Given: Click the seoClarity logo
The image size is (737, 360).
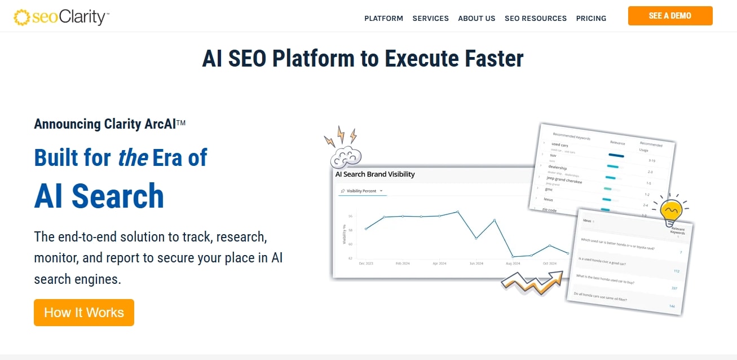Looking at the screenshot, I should pyautogui.click(x=61, y=17).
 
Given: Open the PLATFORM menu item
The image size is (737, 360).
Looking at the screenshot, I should pyautogui.click(x=383, y=18).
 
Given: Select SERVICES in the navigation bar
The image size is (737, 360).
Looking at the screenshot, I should pyautogui.click(x=430, y=18).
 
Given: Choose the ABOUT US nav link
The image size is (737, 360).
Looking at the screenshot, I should pyautogui.click(x=476, y=18).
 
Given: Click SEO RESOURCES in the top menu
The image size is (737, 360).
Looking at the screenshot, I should pyautogui.click(x=536, y=18).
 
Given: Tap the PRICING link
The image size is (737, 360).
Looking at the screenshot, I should pyautogui.click(x=591, y=18).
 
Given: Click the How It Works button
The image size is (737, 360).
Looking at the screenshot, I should pyautogui.click(x=84, y=313).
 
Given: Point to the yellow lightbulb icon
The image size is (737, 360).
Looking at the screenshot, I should pyautogui.click(x=670, y=210).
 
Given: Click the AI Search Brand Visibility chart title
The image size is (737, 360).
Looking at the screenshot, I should pyautogui.click(x=375, y=174).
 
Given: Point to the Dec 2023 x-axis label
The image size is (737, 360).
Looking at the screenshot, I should pyautogui.click(x=365, y=264).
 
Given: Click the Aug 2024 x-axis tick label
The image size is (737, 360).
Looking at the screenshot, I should pyautogui.click(x=513, y=264).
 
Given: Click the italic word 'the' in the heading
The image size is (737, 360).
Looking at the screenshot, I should pyautogui.click(x=133, y=157).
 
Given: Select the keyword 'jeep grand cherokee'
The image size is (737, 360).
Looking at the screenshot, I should pyautogui.click(x=564, y=180).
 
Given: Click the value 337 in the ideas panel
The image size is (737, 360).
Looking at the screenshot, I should pyautogui.click(x=674, y=288).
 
